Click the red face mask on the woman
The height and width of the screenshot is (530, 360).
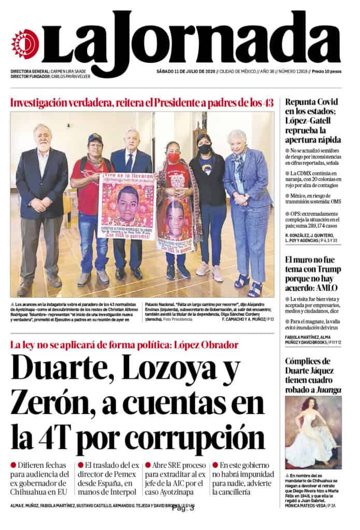173,157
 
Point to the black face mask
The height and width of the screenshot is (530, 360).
205,149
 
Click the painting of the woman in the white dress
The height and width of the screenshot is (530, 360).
313,432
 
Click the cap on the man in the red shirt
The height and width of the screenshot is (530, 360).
95,138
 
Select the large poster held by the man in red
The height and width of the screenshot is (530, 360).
127,207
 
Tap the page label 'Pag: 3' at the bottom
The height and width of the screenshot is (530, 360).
183,508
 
